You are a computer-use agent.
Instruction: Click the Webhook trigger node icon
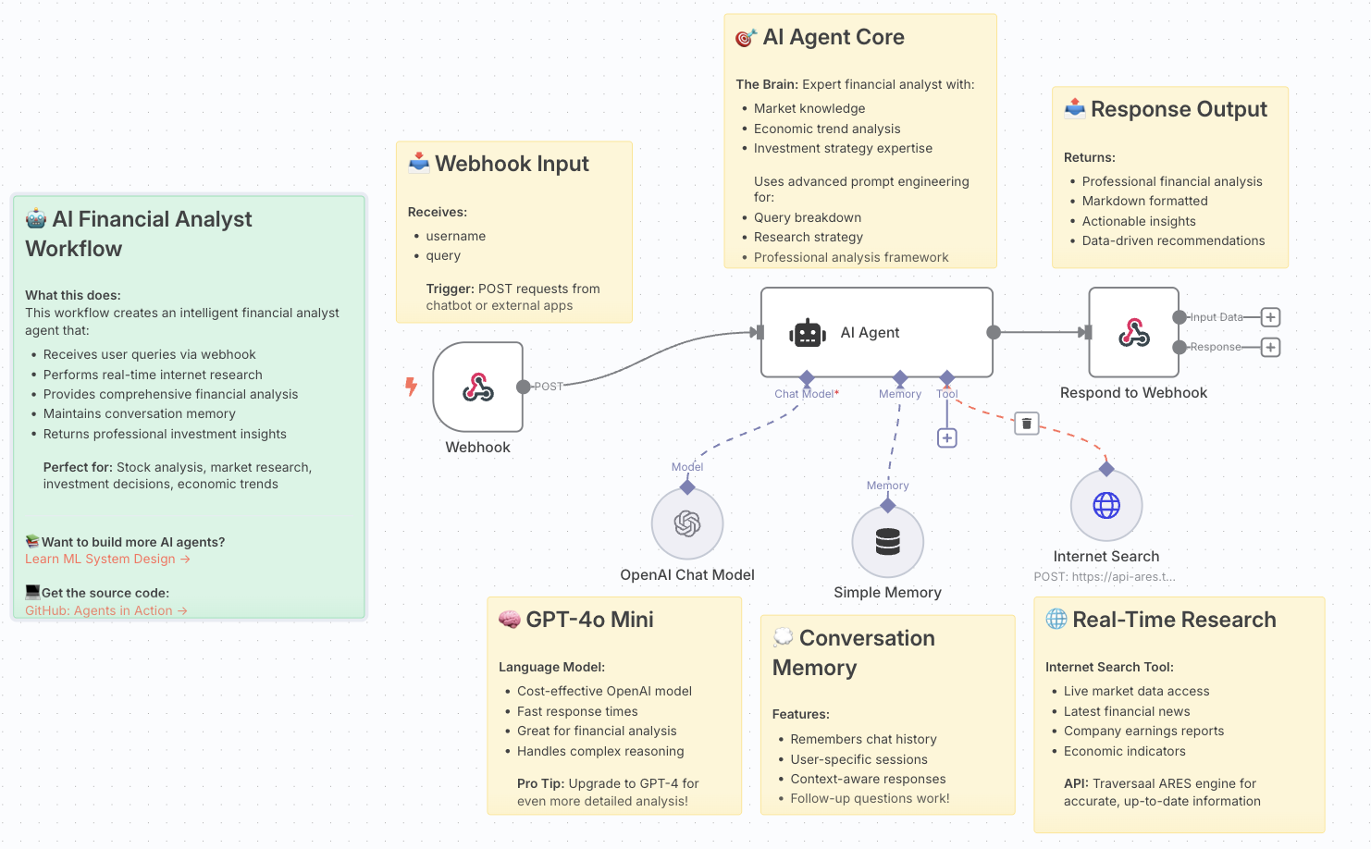click(477, 387)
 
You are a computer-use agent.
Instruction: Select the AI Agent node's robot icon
click(808, 333)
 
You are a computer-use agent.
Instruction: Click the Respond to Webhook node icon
click(1133, 332)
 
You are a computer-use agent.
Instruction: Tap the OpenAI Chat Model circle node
click(687, 524)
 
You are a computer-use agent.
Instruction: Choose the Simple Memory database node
click(887, 542)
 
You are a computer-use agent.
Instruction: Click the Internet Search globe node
click(1106, 506)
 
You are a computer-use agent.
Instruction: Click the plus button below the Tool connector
click(946, 438)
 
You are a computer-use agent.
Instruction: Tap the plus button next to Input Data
click(1270, 317)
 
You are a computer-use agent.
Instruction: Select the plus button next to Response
click(1270, 348)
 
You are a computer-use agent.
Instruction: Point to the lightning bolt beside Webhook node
click(412, 387)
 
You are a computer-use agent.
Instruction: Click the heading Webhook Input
click(512, 164)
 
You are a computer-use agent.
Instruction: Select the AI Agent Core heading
click(833, 37)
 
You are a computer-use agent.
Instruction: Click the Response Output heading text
click(1178, 109)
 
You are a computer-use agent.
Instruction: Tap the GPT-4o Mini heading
click(589, 620)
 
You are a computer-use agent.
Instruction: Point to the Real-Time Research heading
click(1173, 620)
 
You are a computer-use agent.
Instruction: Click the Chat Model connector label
click(804, 394)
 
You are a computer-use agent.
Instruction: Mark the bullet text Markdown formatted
click(1144, 201)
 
